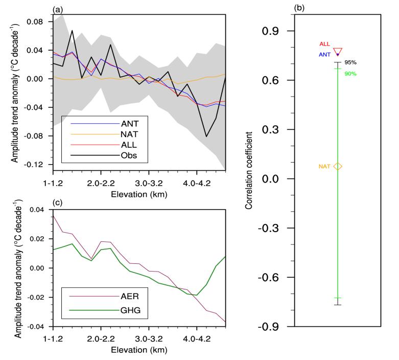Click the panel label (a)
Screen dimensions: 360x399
(58, 9)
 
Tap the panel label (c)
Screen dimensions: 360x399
(58, 204)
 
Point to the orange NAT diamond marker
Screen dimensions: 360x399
(338, 166)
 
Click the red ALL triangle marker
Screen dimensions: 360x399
(338, 51)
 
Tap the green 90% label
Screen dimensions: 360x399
(350, 74)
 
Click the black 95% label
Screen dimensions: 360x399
(350, 62)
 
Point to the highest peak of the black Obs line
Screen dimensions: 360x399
(73, 31)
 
